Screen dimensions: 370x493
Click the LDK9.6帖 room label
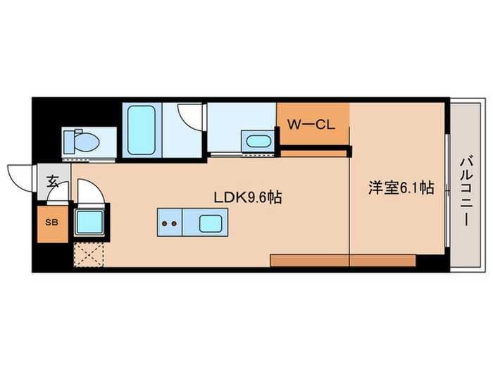[247, 197]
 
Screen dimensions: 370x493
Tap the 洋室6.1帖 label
[401, 188]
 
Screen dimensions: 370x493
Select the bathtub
[142, 130]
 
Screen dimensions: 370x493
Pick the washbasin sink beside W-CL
[258, 140]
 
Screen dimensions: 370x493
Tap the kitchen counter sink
[210, 224]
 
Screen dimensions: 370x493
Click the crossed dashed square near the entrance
[88, 256]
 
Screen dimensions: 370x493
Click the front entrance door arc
[19, 176]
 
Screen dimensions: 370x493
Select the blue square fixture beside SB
[89, 224]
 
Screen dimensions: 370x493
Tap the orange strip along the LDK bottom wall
[310, 260]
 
